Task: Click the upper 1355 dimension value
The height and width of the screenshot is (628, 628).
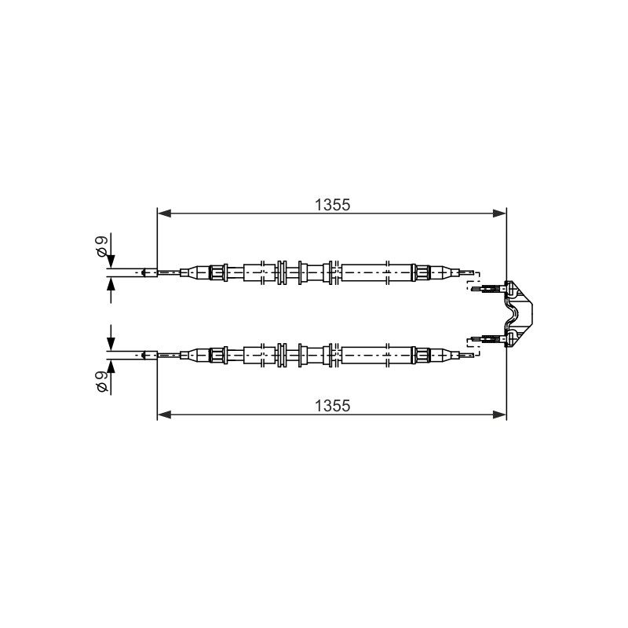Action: [x=332, y=205]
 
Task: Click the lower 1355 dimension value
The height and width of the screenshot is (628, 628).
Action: [x=332, y=406]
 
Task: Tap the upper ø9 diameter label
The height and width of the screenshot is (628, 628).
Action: [x=102, y=246]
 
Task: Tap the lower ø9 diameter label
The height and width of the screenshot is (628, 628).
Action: [x=102, y=382]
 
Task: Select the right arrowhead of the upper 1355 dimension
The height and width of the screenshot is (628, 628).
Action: [x=499, y=214]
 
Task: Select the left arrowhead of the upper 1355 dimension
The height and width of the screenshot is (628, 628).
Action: [x=164, y=214]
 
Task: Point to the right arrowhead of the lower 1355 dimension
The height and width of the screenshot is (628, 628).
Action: [x=499, y=414]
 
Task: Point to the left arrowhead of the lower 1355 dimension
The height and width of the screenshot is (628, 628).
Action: [x=164, y=414]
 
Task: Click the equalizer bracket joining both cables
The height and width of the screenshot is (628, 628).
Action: [x=519, y=314]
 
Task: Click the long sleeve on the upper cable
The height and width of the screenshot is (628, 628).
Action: [x=377, y=272]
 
